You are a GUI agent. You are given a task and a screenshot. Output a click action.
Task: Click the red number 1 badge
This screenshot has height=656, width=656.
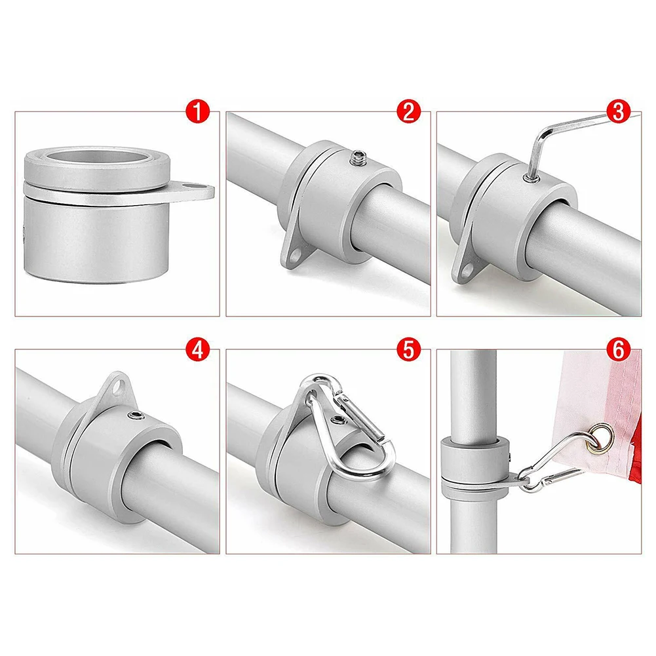(x=197, y=111)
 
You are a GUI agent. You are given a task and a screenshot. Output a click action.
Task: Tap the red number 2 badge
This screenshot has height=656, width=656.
(x=408, y=111)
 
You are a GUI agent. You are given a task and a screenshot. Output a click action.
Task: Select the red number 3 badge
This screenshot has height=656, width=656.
(x=619, y=111)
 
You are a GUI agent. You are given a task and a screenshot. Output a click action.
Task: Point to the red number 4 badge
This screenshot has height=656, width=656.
(x=197, y=350)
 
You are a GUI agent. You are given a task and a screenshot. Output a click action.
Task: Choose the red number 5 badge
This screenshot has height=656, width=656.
(x=408, y=350)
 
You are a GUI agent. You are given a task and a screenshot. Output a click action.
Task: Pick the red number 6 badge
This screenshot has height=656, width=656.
(x=619, y=350)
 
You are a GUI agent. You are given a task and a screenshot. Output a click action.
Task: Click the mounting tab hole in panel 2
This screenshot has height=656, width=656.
(x=296, y=254)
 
